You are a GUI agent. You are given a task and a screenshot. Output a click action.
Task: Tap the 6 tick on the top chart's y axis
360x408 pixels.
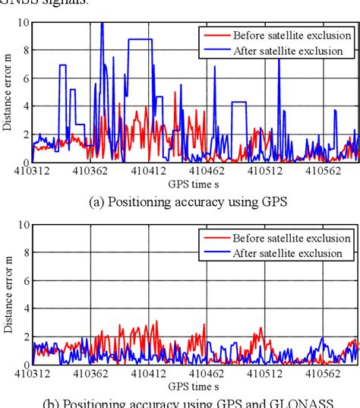click(x=25, y=78)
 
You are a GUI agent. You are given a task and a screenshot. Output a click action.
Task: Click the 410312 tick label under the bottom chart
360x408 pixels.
click(x=32, y=375)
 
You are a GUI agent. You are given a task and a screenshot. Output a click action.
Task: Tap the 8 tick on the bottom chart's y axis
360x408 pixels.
click(x=25, y=253)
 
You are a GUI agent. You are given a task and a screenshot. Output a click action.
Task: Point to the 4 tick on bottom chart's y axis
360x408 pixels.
click(x=25, y=308)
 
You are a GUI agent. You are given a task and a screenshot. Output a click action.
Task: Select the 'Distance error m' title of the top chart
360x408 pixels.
click(x=8, y=92)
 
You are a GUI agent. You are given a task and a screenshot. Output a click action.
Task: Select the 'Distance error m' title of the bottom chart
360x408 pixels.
click(x=8, y=294)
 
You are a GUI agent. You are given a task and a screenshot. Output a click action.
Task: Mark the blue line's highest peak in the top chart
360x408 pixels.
click(x=102, y=24)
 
